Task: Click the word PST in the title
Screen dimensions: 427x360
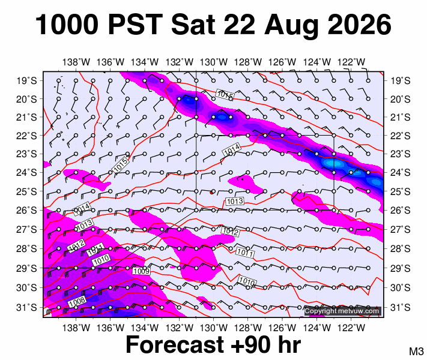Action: (x=136, y=25)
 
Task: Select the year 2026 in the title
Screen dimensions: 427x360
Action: (x=360, y=25)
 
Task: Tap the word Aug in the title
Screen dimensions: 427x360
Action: (x=291, y=26)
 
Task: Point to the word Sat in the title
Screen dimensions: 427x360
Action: (x=193, y=25)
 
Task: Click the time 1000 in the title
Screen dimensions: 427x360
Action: (x=67, y=25)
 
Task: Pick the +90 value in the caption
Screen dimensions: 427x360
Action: (x=254, y=345)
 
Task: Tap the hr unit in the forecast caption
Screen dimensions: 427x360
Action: (x=291, y=344)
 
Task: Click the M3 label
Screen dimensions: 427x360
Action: (x=416, y=351)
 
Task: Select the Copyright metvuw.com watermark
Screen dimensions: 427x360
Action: (x=342, y=311)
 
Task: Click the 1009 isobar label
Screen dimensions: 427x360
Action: (x=141, y=271)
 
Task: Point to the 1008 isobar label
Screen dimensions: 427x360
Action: (x=77, y=302)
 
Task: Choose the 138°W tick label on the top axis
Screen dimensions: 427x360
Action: (x=76, y=62)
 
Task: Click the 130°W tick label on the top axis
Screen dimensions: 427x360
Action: (x=214, y=62)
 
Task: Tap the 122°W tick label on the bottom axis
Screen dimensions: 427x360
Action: (x=351, y=328)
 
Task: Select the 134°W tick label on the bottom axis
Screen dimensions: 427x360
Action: (x=145, y=328)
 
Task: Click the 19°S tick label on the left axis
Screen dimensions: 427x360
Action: (x=26, y=81)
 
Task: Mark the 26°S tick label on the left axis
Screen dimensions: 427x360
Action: (x=26, y=211)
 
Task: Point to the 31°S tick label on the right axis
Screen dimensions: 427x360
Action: (x=401, y=307)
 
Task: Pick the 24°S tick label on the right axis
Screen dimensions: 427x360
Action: (x=401, y=173)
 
